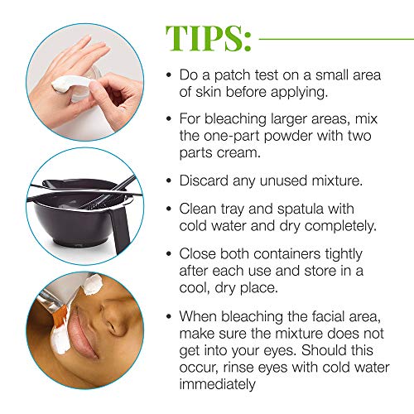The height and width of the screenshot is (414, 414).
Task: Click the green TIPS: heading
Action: tap(209, 37)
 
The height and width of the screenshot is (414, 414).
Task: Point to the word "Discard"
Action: tap(205, 180)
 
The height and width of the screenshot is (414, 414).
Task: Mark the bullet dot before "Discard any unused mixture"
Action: tap(169, 181)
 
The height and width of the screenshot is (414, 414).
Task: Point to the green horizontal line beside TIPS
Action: tap(331, 37)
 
